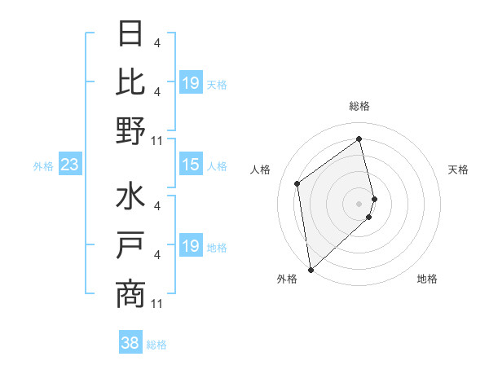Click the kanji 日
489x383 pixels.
(130, 34)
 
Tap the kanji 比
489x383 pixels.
(130, 82)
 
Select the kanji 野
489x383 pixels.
(130, 130)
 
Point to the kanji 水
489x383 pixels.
(130, 198)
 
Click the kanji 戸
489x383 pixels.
(130, 246)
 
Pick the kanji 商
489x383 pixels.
(130, 294)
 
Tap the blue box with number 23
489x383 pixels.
(70, 165)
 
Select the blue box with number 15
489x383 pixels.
(190, 165)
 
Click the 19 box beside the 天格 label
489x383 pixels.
(190, 83)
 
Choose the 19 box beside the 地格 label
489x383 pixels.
(190, 246)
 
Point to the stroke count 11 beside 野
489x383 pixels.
(157, 140)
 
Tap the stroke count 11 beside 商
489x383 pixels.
(157, 304)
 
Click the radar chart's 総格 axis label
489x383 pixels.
(359, 106)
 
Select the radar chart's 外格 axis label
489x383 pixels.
(287, 279)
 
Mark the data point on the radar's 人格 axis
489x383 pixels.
(297, 183)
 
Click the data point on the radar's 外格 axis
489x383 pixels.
(311, 269)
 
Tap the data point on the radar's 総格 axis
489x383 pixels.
(359, 139)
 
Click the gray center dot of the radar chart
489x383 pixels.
(359, 202)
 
